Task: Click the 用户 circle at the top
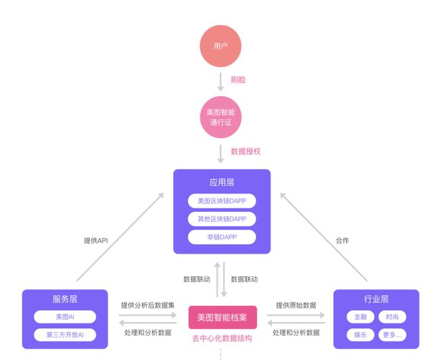(x=221, y=46)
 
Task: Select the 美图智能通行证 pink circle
(x=221, y=117)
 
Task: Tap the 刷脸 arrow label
(x=238, y=80)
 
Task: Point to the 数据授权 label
(x=246, y=152)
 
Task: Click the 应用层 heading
(x=222, y=183)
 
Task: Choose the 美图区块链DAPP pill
(x=222, y=201)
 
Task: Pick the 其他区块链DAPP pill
(x=222, y=219)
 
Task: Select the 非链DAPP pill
(x=222, y=237)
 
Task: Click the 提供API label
(x=96, y=240)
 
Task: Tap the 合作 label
(x=342, y=240)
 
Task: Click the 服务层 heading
(x=65, y=299)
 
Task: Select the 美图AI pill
(x=65, y=317)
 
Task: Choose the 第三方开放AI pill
(x=65, y=335)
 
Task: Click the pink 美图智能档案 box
(x=222, y=317)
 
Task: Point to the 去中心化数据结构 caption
(x=222, y=338)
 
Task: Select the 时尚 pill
(x=392, y=317)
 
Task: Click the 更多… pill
(x=392, y=335)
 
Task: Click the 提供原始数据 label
(x=296, y=305)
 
